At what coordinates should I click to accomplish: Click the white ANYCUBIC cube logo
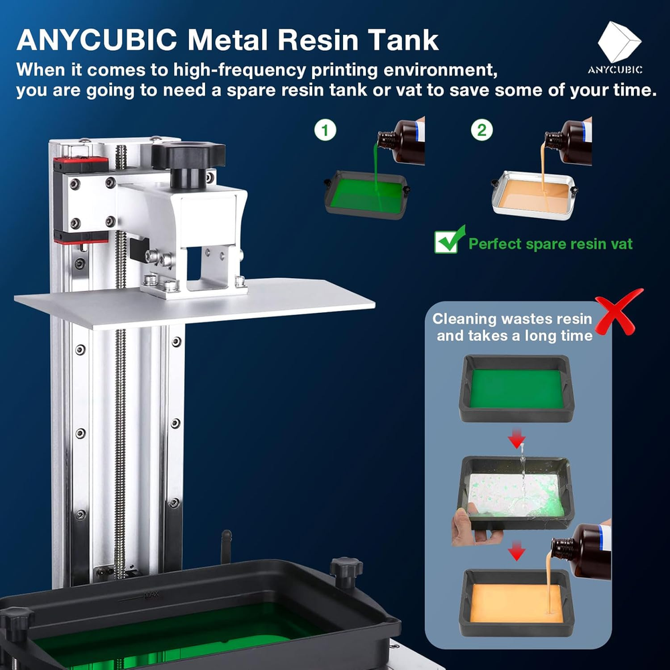[619, 42]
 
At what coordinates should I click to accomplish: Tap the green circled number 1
[325, 130]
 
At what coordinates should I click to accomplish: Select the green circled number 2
[482, 130]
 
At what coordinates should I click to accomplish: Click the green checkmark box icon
[450, 240]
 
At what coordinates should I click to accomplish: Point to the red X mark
[618, 312]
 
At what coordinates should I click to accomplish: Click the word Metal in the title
[228, 40]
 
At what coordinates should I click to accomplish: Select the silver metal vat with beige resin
[534, 195]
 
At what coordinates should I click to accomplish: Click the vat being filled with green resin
[366, 195]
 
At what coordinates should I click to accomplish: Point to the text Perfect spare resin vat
[550, 244]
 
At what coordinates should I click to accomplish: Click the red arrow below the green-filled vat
[517, 439]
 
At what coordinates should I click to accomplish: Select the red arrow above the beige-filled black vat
[517, 551]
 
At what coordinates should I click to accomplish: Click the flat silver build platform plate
[194, 304]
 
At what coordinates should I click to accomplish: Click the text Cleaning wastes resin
[512, 319]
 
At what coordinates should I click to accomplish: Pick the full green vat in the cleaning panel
[517, 388]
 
